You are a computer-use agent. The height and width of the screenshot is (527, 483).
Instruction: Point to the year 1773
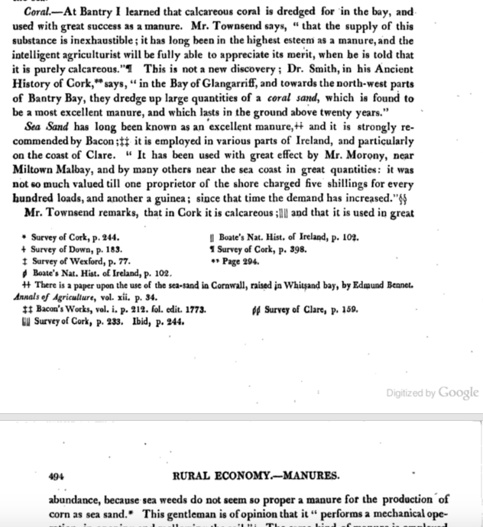193,310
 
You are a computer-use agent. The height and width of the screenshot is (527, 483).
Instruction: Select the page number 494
55,475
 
